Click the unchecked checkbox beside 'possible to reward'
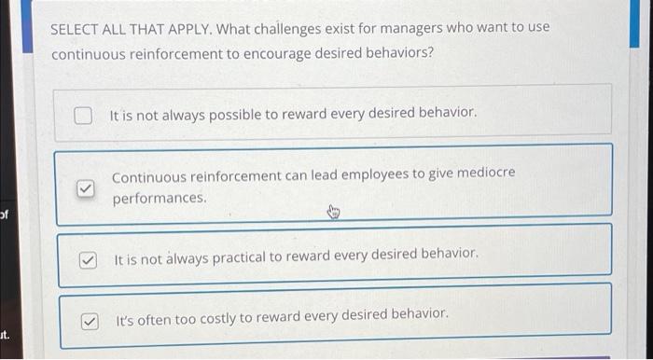tap(84, 116)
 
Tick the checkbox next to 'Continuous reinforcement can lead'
tap(84, 188)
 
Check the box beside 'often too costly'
tap(89, 321)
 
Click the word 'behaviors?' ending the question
tap(401, 53)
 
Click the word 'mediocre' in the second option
tap(483, 174)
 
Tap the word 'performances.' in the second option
tap(159, 199)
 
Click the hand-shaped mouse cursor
tap(334, 214)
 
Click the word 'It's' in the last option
tap(126, 318)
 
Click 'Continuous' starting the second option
tap(147, 175)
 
